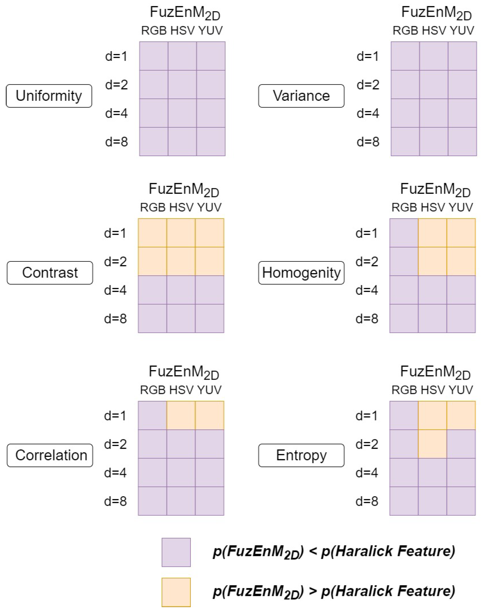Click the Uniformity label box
49,96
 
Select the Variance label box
301,96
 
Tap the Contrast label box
50,273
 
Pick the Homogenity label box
301,273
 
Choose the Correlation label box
50,455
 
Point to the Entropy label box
301,455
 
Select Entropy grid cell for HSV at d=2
432,444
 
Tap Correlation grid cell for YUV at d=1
209,415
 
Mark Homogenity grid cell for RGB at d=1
404,233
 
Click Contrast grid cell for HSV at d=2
181,261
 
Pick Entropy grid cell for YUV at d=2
461,444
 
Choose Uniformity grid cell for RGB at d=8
154,141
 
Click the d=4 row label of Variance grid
368,113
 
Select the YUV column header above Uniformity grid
210,31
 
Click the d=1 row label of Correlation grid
115,416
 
